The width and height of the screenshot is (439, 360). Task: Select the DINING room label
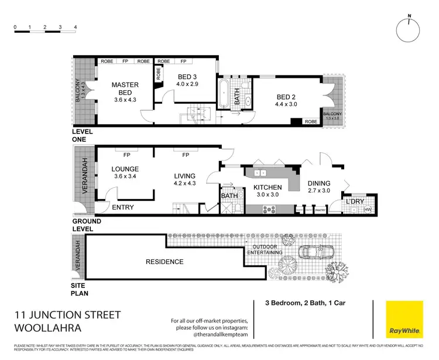tap(319, 183)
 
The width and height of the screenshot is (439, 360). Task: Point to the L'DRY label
tap(355, 201)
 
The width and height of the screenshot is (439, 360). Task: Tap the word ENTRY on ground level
tap(122, 207)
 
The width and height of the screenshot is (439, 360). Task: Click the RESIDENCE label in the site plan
tap(164, 262)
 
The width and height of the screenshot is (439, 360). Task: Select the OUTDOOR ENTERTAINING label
tap(267, 249)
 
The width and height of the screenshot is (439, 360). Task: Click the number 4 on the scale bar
tap(76, 28)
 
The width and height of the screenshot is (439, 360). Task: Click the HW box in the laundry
tap(368, 210)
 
